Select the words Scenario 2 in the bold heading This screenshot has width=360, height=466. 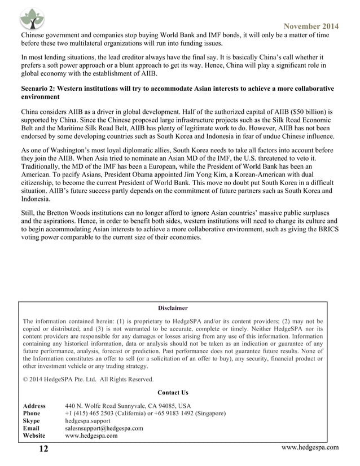coord(39,89)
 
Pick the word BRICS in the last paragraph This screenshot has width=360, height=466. coord(323,230)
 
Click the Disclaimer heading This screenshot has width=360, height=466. coord(173,308)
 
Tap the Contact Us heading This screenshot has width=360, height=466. coord(173,393)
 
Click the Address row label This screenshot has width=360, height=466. coord(34,406)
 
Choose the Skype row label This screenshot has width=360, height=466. coord(32,421)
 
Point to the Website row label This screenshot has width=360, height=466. coord(34,436)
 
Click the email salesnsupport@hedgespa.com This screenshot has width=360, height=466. coord(104,428)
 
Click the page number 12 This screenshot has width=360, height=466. coord(43,449)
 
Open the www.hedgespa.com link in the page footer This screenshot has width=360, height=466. coord(310,448)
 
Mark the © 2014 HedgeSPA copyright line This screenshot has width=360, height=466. coord(87,379)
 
